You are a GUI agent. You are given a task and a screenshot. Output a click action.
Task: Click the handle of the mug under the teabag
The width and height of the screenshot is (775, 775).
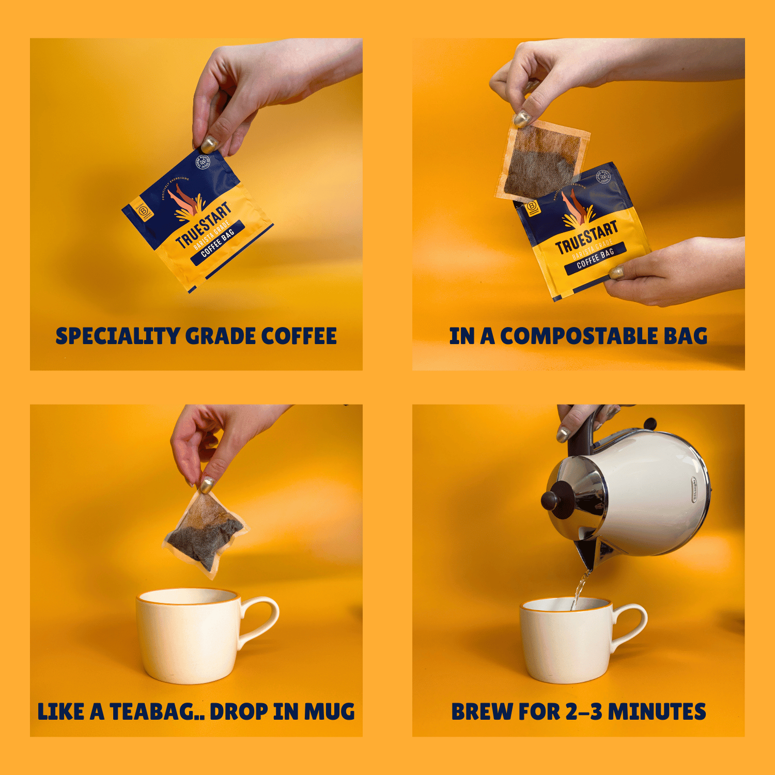pos(261,620)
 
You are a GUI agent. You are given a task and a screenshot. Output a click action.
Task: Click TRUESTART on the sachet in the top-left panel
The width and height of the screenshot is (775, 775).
pos(203,226)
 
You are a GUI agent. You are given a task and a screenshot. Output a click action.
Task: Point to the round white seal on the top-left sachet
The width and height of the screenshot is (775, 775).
pos(203,163)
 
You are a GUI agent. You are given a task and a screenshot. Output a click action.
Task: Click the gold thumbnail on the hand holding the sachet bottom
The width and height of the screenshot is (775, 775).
pos(616,273)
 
